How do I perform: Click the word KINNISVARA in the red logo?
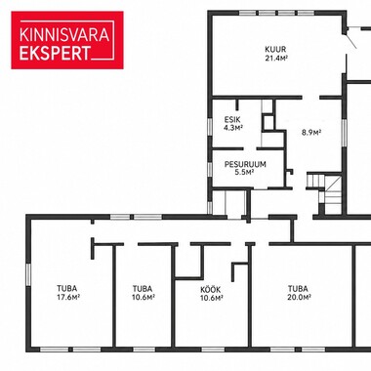(64, 35)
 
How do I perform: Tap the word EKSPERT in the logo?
(55, 53)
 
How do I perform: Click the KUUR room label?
(275, 50)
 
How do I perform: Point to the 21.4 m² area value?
(276, 58)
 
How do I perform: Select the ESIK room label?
(232, 119)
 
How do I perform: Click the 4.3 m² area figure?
(233, 128)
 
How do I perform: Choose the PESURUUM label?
(245, 164)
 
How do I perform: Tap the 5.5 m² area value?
(244, 172)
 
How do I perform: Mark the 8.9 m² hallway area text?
(311, 133)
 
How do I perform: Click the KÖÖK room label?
(211, 289)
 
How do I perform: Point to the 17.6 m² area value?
(68, 297)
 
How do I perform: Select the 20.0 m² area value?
(300, 297)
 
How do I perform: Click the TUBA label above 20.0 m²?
(298, 289)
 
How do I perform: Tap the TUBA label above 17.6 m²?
(67, 289)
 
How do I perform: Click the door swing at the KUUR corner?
(350, 37)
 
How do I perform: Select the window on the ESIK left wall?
(210, 127)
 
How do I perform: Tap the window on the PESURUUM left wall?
(210, 170)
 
